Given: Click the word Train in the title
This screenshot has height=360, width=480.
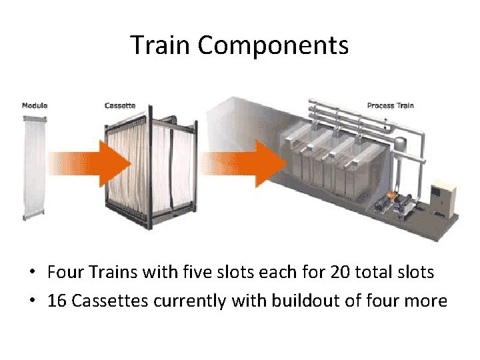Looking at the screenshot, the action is (161, 45).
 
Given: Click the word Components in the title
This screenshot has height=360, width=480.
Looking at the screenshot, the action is (273, 45).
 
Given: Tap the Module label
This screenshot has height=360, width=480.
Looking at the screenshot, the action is (35, 105).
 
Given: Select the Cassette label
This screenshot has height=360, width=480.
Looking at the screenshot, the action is (120, 105).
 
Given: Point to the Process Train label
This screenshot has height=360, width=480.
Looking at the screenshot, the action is (390, 105).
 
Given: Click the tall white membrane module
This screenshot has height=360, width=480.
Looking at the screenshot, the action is (33, 167).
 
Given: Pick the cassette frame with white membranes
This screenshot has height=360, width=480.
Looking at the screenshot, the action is (150, 167).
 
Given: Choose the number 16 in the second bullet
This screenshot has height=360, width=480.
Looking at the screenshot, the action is (57, 301).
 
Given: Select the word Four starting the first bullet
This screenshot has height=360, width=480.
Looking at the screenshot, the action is (63, 272).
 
